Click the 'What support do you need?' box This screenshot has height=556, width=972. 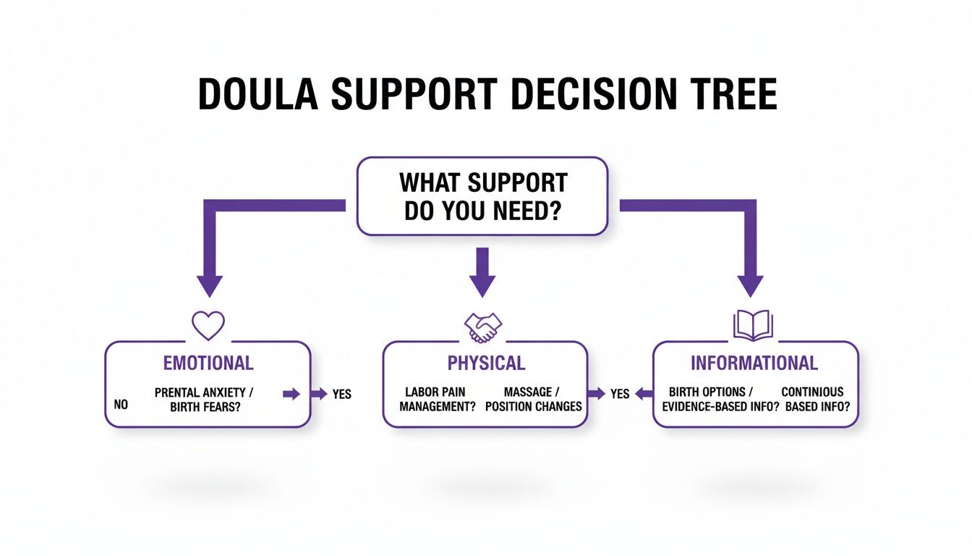(x=482, y=196)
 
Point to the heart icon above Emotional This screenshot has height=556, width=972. (x=208, y=326)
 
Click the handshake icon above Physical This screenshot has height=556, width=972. (x=483, y=327)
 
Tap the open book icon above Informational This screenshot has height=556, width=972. (x=753, y=326)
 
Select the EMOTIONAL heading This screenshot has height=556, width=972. (x=208, y=363)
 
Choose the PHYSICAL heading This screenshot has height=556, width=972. (x=485, y=363)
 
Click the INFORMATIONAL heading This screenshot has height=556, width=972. (x=754, y=363)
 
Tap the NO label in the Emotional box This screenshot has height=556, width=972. (x=121, y=405)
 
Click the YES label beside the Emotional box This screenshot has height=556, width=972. (x=341, y=394)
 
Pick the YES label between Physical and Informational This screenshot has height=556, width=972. (x=620, y=394)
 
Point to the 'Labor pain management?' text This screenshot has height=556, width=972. (x=438, y=399)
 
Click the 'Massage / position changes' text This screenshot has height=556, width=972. (x=533, y=399)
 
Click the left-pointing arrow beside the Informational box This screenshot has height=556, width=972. (x=642, y=394)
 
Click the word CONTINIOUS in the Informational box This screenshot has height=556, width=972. (x=811, y=392)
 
